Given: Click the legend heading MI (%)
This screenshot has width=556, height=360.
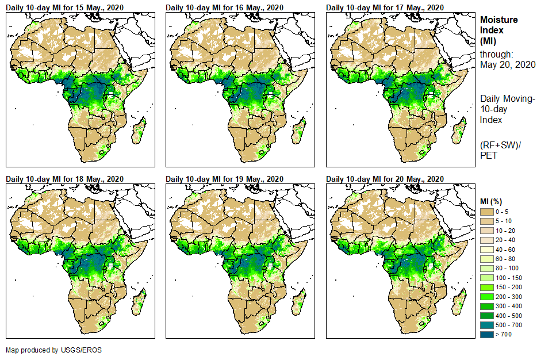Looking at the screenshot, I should pos(493,201).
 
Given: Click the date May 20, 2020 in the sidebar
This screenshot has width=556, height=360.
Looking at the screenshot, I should pos(508,64).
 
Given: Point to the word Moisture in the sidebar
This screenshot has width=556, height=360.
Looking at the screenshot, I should pos(499,20).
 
